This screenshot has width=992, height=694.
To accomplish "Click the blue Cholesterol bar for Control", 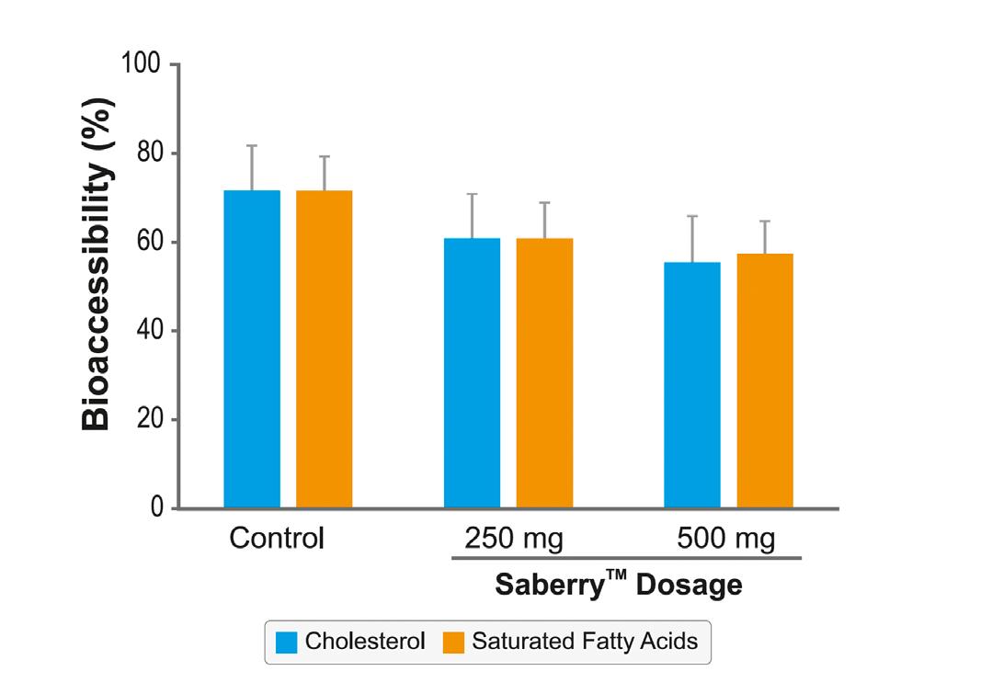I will (x=252, y=349).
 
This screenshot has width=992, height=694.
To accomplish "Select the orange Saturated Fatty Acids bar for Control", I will (x=324, y=349).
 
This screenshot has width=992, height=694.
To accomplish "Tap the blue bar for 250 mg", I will (x=472, y=372).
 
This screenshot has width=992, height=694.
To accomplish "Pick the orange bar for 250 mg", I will (x=544, y=372).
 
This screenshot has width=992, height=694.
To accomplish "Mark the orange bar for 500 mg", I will (x=765, y=381).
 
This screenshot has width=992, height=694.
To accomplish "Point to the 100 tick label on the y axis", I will (x=141, y=64).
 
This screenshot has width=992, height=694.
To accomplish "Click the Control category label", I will (x=277, y=538).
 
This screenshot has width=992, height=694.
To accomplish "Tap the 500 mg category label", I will (x=726, y=538).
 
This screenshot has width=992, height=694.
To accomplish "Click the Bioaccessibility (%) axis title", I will (x=97, y=263).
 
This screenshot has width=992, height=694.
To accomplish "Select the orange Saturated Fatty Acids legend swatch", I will (x=454, y=642).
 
